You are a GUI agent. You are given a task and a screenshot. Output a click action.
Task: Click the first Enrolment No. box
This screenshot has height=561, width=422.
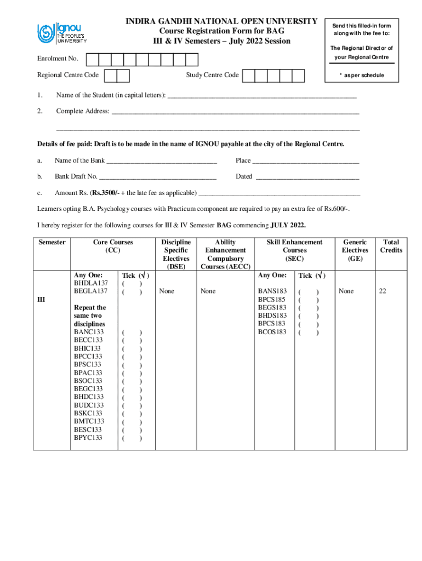93,59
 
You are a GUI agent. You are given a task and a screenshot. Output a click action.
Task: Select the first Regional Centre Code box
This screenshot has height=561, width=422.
110,76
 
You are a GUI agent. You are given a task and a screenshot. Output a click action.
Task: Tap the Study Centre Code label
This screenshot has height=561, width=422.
212,75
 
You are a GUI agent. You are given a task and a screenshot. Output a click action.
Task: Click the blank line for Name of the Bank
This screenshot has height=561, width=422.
162,161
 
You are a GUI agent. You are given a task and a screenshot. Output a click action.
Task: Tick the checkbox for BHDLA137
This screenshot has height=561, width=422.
132,283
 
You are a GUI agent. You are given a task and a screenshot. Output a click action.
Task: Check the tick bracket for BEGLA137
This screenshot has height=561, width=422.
132,291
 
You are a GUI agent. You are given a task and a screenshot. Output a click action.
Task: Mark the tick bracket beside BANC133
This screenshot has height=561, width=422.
132,332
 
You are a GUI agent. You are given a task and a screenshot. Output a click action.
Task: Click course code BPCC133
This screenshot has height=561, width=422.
88,356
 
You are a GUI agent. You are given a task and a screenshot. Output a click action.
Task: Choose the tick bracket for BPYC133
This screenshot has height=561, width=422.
132,438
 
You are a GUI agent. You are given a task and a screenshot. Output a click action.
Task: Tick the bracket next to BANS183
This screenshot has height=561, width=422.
309,291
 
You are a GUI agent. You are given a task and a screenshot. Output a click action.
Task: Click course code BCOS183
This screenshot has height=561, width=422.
272,332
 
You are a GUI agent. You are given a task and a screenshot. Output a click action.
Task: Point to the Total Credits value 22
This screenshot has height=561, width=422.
383,291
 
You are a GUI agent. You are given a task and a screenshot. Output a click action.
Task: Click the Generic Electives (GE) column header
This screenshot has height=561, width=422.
355,250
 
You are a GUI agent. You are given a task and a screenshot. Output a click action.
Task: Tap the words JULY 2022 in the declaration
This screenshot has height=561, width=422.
287,225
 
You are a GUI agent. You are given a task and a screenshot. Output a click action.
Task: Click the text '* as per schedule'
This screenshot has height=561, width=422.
361,76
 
